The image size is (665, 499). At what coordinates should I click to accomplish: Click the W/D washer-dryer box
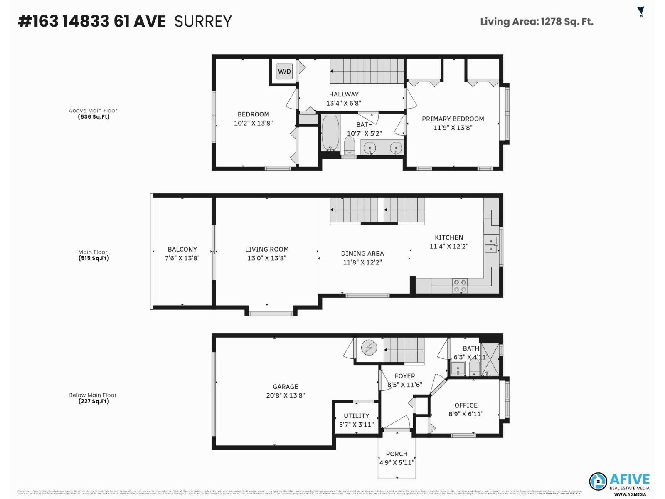284,72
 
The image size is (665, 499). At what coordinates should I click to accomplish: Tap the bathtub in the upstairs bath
330,133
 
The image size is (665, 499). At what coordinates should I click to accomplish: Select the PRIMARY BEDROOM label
453,119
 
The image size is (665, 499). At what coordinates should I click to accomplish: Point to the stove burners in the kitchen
460,286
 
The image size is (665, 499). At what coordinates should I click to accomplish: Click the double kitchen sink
491,245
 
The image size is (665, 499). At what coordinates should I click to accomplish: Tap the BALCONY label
182,249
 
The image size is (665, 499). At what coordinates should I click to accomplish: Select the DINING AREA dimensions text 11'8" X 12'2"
362,262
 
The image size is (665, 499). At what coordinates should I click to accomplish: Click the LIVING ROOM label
266,249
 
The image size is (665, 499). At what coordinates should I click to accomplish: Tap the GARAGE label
285,387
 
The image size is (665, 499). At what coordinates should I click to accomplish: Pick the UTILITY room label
356,416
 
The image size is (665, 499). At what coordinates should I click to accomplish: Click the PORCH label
397,454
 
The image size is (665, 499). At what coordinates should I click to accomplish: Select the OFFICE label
465,405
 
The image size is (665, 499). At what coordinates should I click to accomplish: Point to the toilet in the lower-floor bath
474,368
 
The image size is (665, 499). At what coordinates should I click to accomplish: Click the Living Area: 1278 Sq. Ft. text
536,22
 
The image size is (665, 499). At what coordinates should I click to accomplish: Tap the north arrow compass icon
640,12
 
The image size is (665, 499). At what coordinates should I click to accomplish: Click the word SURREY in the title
203,21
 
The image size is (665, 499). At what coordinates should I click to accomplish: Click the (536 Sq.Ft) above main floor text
94,117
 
